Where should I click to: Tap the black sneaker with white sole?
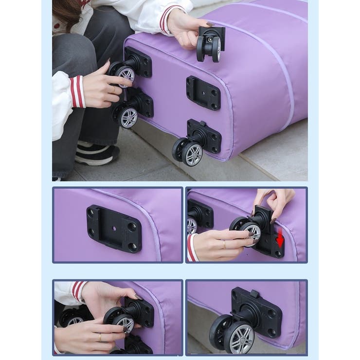click(97, 154)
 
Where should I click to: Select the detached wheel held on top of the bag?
click(210, 44)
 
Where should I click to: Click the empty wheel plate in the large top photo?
click(203, 92)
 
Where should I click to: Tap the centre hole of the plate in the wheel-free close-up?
click(114, 228)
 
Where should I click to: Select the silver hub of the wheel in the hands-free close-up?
click(241, 337)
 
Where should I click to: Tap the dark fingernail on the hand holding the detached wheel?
click(210, 24)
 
